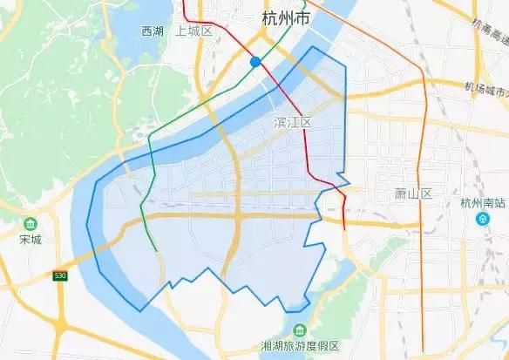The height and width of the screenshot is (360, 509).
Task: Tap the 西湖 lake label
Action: pyautogui.click(x=153, y=31)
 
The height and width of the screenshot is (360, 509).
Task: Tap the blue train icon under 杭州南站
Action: pyautogui.click(x=483, y=218)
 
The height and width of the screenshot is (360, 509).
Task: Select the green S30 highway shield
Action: pyautogui.click(x=59, y=275)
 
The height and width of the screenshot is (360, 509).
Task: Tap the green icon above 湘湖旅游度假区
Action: pyautogui.click(x=299, y=330)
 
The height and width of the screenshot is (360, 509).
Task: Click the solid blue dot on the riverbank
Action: pyautogui.click(x=254, y=62)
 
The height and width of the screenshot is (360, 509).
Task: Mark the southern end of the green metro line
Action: pyautogui.click(x=157, y=251)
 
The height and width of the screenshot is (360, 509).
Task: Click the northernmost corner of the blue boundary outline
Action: pyautogui.click(x=313, y=46)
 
